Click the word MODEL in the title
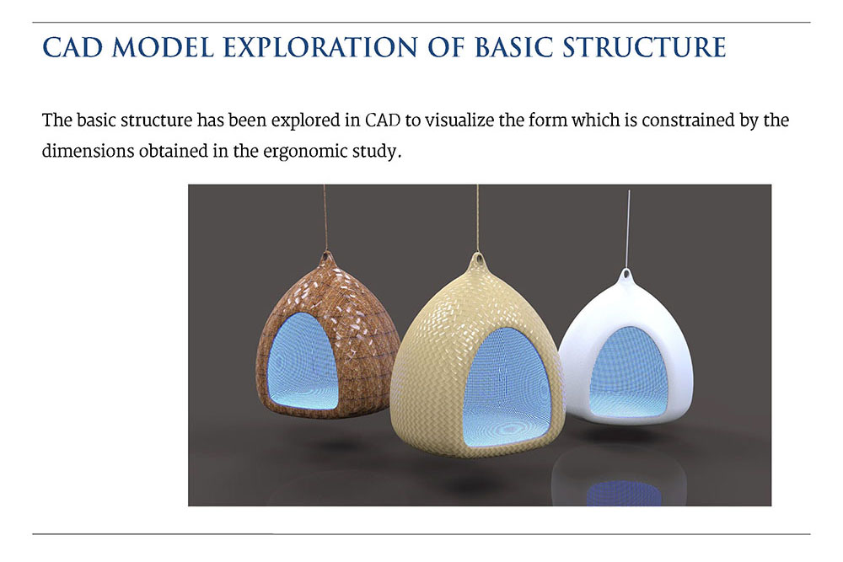click(164, 47)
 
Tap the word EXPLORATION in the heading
click(320, 47)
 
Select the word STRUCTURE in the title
click(645, 47)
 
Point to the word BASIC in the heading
click(514, 47)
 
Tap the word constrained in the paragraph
click(688, 120)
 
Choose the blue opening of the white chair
click(629, 372)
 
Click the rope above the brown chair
click(325, 217)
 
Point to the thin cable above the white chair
click(628, 229)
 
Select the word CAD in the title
click(72, 47)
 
